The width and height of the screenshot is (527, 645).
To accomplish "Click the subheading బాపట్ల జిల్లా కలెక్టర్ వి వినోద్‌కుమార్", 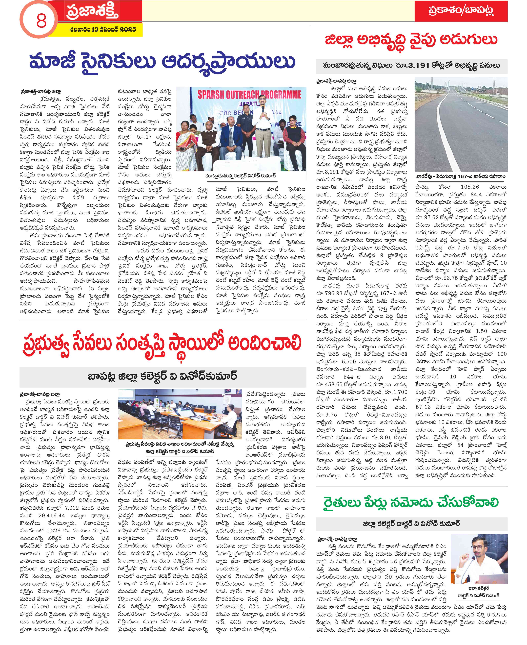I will (x=162, y=376).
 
